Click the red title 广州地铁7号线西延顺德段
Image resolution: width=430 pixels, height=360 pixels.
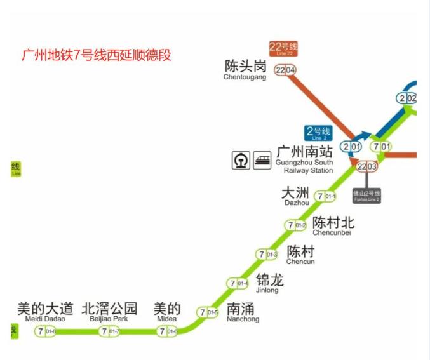pos(97,55)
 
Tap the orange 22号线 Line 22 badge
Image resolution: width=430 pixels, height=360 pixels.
pos(283,48)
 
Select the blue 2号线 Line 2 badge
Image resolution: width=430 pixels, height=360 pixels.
pos(318,132)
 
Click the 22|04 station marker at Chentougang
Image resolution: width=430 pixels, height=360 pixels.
pos(285,70)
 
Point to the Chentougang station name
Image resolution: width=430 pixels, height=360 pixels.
pos(245,70)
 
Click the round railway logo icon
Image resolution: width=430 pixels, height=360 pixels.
pos(241,160)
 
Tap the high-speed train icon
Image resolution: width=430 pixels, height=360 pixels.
pos(262,160)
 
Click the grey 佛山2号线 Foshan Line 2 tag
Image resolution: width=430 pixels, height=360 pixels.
pos(366,196)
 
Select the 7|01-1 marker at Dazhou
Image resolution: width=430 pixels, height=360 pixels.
pos(326,197)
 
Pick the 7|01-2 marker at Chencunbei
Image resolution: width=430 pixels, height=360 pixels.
pos(296,225)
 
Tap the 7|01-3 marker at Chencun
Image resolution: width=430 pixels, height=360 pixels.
pos(267,255)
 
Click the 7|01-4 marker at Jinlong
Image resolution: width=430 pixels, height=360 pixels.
pos(238,283)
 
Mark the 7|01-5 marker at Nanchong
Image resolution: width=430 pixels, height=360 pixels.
pos(208,312)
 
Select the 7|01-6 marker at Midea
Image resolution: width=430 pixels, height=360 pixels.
pos(168,331)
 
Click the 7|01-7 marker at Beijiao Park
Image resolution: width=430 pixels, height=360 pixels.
pos(109,331)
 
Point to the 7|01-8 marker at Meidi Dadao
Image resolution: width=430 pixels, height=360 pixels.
pos(46,331)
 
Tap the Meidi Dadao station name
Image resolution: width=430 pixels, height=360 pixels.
pos(44,313)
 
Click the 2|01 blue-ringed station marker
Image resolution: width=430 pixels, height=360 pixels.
pos(351,147)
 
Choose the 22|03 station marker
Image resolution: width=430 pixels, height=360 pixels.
pos(367,166)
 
